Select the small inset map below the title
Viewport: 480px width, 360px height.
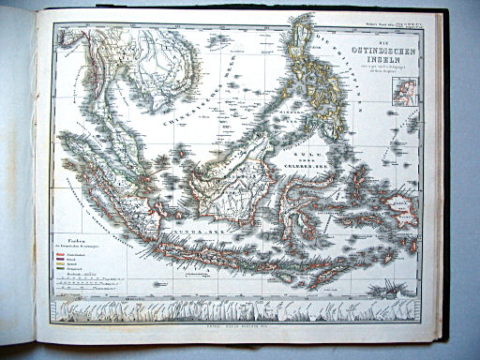406,91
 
